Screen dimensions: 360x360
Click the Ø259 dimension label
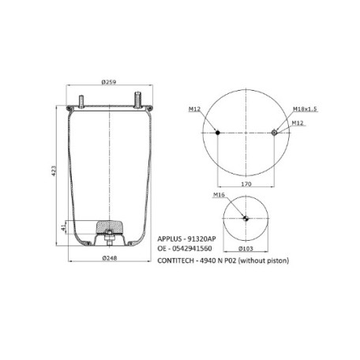109,82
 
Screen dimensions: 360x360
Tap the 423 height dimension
54,171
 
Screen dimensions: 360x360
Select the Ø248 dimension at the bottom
110,258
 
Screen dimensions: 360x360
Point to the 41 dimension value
63,227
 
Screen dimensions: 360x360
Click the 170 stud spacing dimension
246,184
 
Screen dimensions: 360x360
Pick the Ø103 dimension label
246,248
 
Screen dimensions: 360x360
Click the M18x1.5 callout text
305,109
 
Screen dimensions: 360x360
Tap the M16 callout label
219,195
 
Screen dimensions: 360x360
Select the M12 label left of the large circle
194,109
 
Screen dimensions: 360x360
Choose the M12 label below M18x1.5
298,123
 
